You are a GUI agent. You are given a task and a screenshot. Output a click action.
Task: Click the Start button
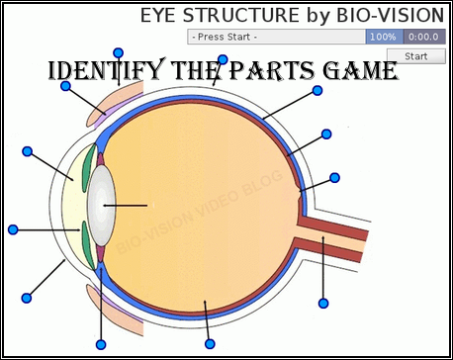(415, 56)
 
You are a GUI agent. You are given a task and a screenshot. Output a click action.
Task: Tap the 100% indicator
(383, 37)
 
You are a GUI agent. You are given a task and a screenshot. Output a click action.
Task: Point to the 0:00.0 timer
(423, 37)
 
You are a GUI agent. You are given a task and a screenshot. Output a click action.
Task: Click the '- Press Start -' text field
(275, 37)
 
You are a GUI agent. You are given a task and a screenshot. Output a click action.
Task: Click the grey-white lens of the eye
(100, 205)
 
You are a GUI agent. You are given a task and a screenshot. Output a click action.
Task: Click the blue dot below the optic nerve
(322, 302)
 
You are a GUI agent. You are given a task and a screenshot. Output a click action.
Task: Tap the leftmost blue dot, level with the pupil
(13, 229)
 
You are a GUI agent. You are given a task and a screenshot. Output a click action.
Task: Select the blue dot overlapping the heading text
(223, 60)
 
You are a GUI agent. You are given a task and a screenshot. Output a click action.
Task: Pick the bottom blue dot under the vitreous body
(210, 343)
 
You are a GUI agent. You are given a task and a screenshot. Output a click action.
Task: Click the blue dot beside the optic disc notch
(335, 177)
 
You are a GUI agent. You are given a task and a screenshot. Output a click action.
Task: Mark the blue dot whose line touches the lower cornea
(26, 297)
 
